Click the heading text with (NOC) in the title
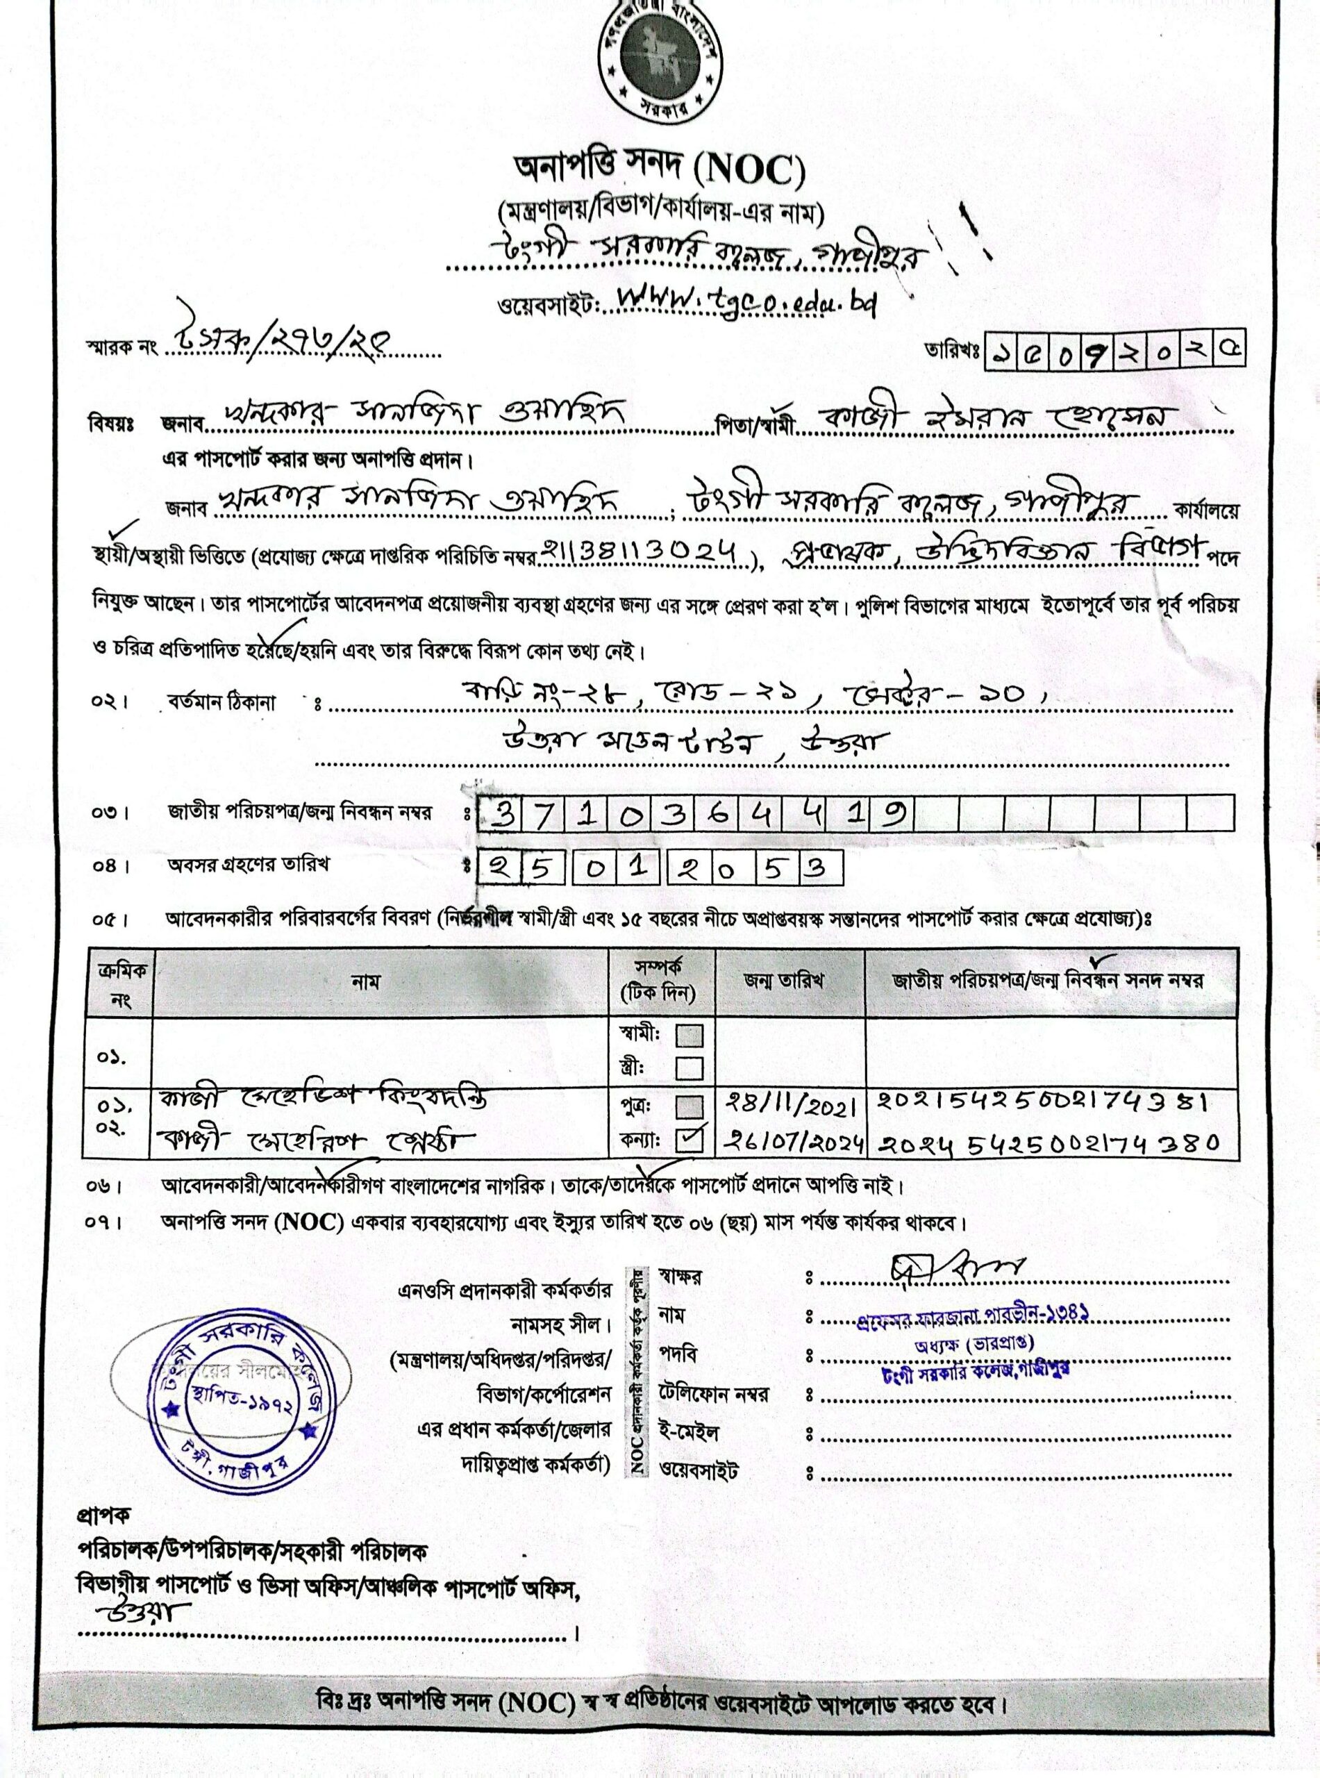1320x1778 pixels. click(659, 170)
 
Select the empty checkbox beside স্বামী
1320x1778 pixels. click(689, 1036)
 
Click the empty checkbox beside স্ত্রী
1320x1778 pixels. click(689, 1067)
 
